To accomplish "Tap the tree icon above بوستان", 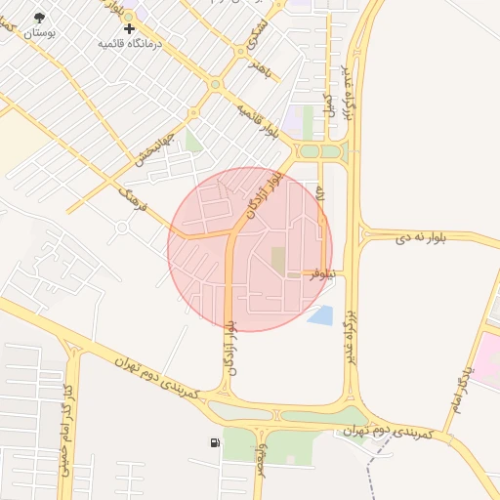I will [x=39, y=18].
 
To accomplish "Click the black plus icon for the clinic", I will [x=129, y=29].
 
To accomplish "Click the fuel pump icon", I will [x=214, y=443].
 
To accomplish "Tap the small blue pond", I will [x=319, y=314].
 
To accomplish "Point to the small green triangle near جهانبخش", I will [x=193, y=143].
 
